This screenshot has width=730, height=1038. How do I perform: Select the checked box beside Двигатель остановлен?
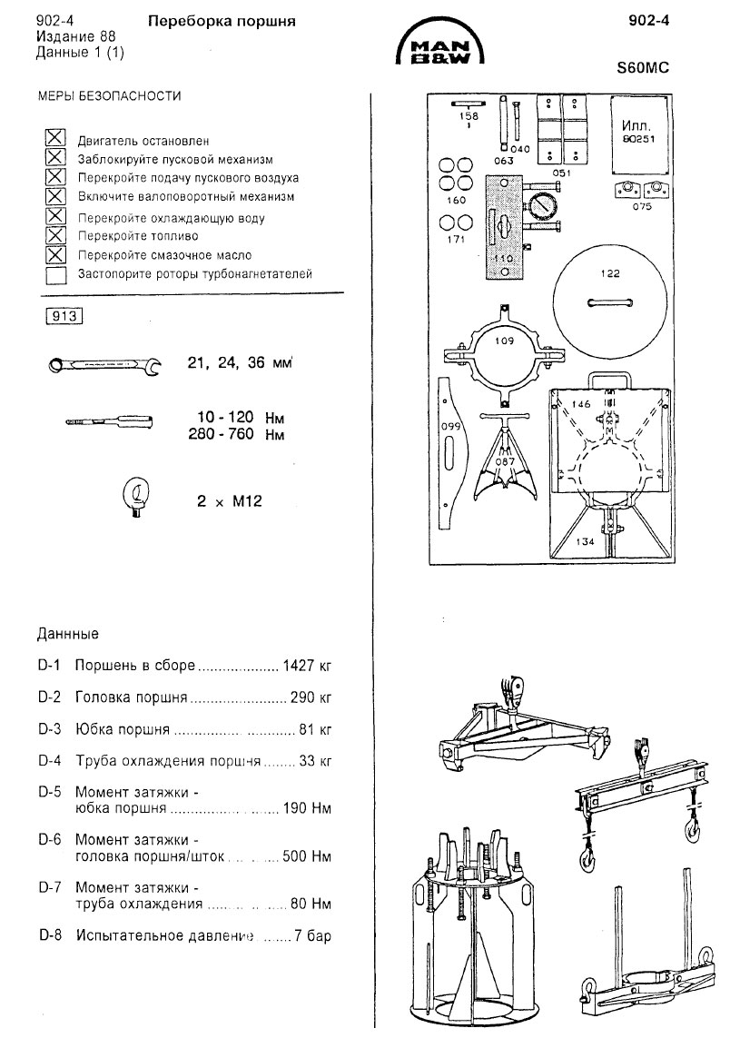[56, 139]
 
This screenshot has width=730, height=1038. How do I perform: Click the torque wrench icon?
[110, 422]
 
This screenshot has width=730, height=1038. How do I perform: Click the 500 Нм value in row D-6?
[306, 855]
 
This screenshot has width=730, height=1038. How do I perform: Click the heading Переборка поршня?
[222, 20]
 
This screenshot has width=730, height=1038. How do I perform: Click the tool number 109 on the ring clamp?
[505, 341]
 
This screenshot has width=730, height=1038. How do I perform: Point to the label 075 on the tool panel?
[642, 207]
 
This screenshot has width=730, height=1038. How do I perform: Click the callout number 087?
[507, 462]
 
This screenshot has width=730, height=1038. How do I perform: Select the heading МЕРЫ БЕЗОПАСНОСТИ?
[109, 95]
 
